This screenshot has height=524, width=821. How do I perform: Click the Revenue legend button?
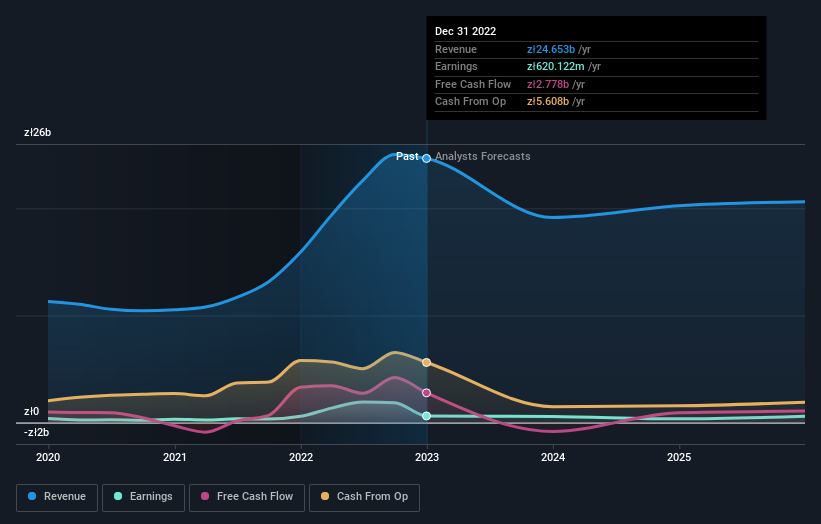tap(57, 497)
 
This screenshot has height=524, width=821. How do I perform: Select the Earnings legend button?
tap(143, 497)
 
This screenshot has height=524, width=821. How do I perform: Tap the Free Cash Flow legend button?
tap(246, 497)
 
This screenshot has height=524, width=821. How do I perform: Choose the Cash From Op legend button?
tap(364, 497)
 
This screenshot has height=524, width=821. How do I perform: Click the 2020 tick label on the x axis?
tap(48, 457)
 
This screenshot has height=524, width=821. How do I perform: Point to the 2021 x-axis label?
tap(174, 457)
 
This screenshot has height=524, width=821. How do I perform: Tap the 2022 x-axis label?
tap(301, 457)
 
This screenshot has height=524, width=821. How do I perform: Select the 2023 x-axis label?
tap(427, 457)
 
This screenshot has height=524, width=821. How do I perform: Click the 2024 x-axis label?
tap(553, 457)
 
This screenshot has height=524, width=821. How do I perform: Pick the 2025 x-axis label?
tap(679, 457)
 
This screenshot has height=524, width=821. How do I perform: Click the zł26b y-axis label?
tap(38, 132)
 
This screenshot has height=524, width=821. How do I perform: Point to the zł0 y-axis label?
tap(32, 411)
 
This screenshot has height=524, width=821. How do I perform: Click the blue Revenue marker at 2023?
tap(427, 158)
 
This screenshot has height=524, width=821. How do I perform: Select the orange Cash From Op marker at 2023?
tap(427, 362)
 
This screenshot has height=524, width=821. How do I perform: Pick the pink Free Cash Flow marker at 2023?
tap(427, 393)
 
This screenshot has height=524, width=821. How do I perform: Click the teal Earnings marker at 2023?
tap(427, 416)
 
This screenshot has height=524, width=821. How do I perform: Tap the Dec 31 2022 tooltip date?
tap(465, 32)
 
